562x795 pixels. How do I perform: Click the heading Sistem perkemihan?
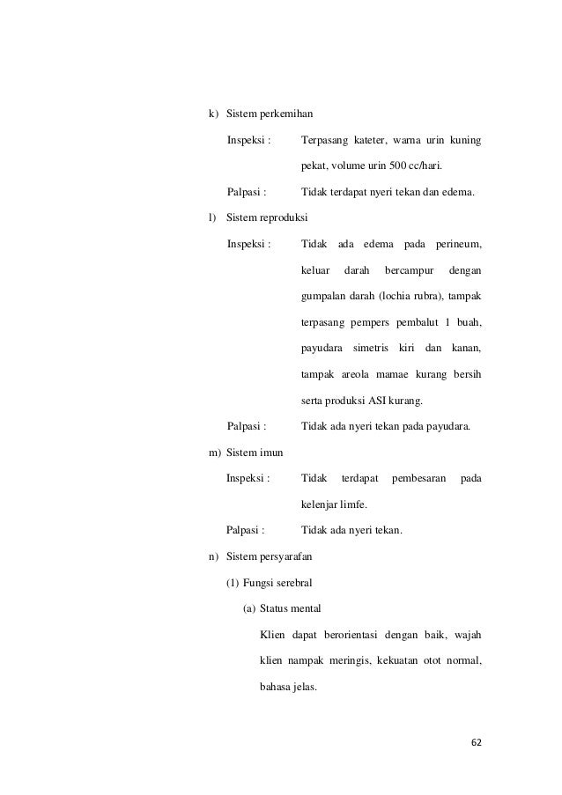(270, 114)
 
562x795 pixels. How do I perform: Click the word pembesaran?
(419, 478)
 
